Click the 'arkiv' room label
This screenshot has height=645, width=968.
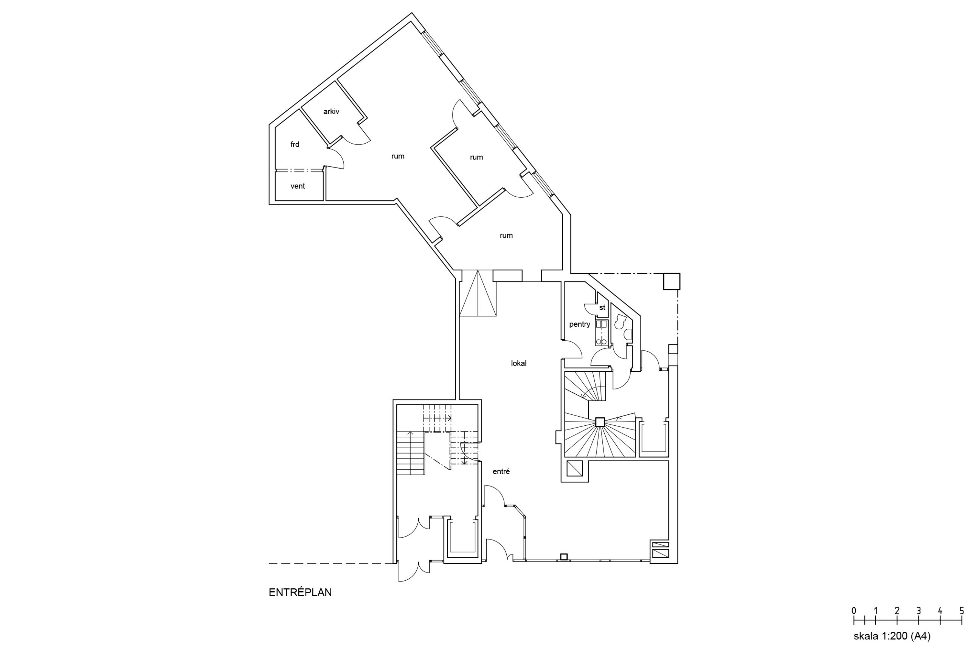(331, 112)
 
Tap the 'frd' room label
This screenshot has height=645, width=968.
(295, 144)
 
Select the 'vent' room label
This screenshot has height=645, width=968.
(298, 186)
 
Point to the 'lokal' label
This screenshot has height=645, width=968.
(518, 363)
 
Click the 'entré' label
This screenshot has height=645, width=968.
(501, 471)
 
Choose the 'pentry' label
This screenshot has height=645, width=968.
(579, 324)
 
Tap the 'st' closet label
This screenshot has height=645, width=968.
(602, 307)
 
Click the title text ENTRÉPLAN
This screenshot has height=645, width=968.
(300, 592)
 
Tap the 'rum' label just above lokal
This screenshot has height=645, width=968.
(506, 236)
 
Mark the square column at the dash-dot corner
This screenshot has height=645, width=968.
(671, 281)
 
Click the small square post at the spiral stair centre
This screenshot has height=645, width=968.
(599, 422)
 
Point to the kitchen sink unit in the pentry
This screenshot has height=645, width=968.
(601, 332)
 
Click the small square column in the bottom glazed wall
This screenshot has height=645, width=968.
(564, 557)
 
